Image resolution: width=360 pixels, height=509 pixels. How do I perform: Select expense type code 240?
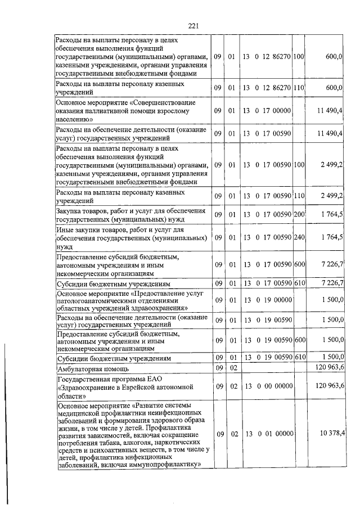tap(299, 237)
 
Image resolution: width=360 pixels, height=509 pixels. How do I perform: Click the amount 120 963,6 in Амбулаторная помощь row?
tap(330, 368)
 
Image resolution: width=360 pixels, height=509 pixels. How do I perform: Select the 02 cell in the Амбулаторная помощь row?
tap(231, 368)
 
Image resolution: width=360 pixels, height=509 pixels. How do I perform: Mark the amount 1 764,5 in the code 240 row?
tap(332, 237)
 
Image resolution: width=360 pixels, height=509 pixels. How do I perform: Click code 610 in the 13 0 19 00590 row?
tap(299, 358)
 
